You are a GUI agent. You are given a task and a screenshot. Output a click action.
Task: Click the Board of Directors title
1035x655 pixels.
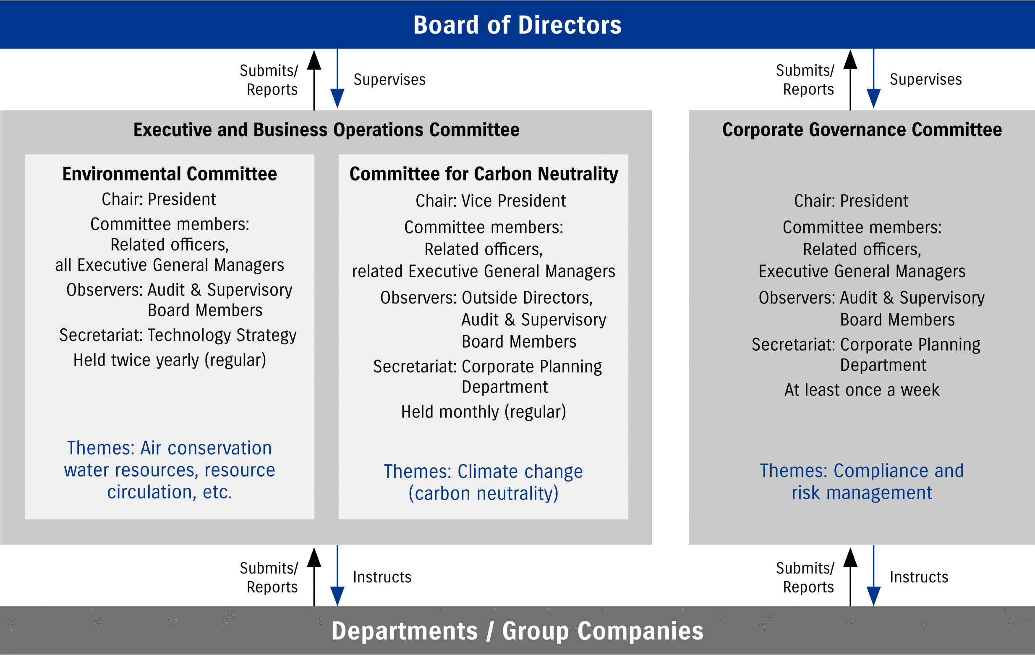coord(517,25)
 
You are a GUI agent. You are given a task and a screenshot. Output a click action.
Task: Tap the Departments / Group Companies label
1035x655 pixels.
coord(517,631)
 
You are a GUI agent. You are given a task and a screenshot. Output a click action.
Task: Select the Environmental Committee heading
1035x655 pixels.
coord(170,174)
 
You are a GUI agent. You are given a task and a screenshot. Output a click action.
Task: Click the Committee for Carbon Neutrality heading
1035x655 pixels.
coord(484,174)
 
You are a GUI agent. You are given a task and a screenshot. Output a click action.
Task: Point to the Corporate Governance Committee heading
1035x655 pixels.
coord(862,129)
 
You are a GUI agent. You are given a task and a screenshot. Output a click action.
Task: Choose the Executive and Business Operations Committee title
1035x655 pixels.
coord(326,129)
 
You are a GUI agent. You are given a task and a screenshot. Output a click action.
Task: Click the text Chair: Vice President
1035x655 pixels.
coord(490,201)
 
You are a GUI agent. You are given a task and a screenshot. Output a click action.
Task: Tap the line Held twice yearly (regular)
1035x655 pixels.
coord(170,360)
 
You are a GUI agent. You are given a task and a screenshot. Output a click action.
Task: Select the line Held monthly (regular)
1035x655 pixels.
coord(484,412)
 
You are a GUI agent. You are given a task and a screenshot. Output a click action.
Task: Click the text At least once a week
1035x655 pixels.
coord(862,390)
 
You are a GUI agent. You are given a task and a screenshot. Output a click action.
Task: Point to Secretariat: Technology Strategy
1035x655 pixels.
coord(178,335)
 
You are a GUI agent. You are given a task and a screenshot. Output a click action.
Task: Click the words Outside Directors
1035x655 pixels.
coord(527,298)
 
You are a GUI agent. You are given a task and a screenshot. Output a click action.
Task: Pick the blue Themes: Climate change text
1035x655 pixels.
coord(484,472)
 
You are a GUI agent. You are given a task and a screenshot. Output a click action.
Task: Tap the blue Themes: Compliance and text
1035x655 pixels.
coord(862,471)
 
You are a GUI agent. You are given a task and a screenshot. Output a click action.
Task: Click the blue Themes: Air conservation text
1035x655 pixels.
coord(169,448)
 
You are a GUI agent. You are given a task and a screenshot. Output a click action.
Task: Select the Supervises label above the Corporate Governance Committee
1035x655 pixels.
coord(926,79)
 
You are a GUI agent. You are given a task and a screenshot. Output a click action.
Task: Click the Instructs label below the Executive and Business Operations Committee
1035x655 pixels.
coord(382,577)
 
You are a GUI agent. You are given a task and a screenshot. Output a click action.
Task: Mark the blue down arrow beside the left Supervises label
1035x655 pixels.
coord(337,78)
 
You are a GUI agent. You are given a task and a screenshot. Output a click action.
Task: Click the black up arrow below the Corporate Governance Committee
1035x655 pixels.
coord(850,577)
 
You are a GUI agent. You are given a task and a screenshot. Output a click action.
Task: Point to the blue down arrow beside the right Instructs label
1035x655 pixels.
coord(874,576)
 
